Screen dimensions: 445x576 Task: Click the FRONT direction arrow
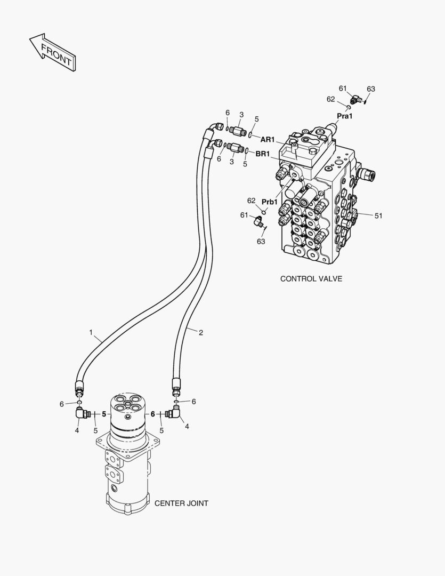coord(52,52)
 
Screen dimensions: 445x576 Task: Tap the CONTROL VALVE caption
coord(311,279)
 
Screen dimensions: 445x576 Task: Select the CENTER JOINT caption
coord(181,503)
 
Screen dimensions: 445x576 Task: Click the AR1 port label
coord(268,140)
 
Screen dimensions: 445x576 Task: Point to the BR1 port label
coord(263,154)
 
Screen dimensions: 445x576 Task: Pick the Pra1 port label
coord(345,116)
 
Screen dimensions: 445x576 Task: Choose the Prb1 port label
coord(270,202)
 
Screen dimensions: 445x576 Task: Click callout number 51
coord(378,215)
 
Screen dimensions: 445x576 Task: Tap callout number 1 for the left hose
coord(91,332)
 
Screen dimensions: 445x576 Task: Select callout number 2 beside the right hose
coord(201,333)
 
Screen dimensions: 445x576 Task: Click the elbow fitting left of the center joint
coord(83,413)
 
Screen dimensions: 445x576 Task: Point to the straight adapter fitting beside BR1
coord(235,148)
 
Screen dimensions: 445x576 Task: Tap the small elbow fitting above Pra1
coord(355,99)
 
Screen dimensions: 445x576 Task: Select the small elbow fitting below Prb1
coord(258,220)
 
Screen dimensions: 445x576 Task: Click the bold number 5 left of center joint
coord(104,414)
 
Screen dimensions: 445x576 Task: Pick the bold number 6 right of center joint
coord(153,414)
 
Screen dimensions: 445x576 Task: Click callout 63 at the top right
coord(371,89)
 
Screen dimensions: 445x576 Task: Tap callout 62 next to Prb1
coord(251,201)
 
